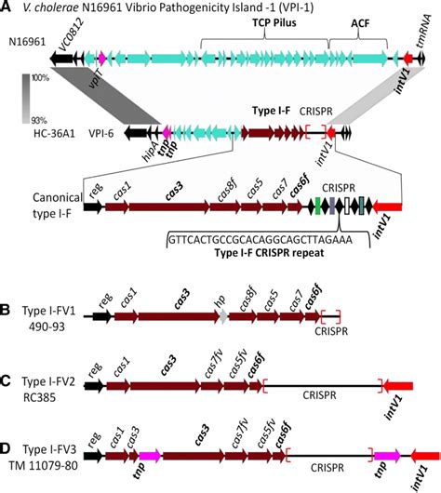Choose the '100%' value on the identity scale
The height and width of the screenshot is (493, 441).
coord(41,80)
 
